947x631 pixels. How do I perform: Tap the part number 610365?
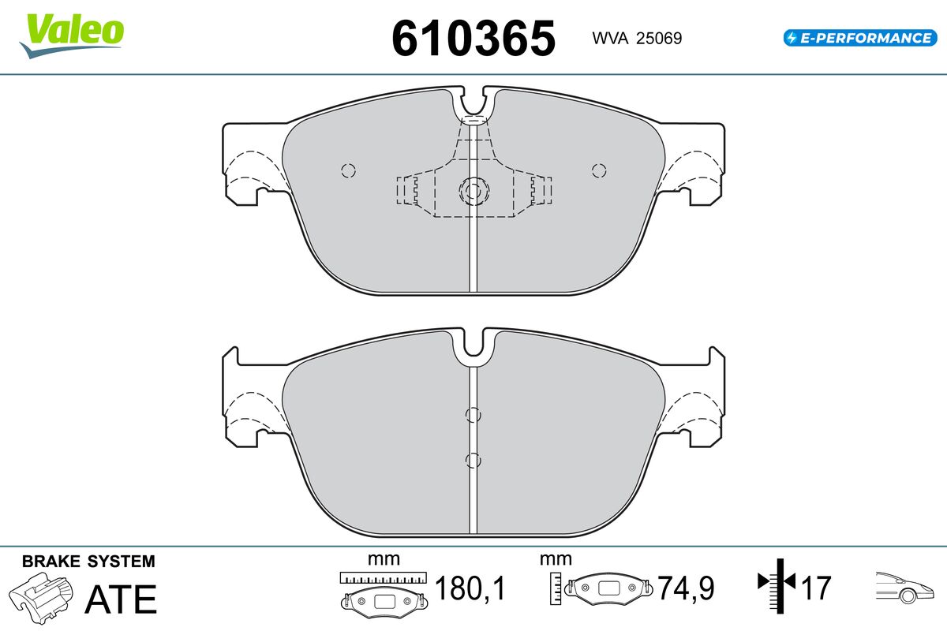click(473, 39)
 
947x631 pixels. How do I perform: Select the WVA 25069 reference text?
click(637, 38)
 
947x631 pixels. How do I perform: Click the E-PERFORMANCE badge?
click(860, 38)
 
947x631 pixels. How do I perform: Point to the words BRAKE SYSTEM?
click(88, 562)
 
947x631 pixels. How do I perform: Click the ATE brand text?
click(121, 599)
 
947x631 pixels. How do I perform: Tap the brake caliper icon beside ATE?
click(41, 598)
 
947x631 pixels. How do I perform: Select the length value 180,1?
click(470, 588)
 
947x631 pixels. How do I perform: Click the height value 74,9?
click(686, 588)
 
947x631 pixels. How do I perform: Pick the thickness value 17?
click(816, 588)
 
